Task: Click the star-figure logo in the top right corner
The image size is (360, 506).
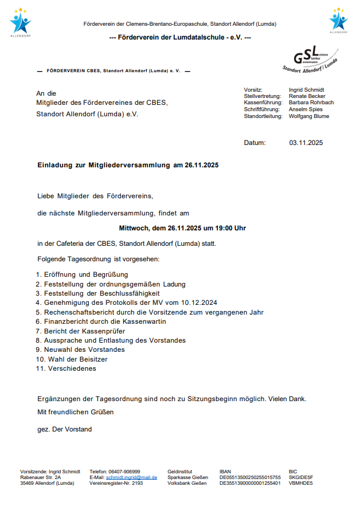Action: (338, 22)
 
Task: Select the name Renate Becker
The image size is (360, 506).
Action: (307, 96)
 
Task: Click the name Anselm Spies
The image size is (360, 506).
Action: (306, 109)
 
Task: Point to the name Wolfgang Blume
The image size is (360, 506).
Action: (309, 116)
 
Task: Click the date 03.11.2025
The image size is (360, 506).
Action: (306, 143)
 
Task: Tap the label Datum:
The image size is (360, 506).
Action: (255, 143)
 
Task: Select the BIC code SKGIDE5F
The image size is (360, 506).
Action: (301, 477)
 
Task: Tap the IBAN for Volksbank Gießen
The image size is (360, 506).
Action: (250, 483)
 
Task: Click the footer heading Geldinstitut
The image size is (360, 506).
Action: (179, 471)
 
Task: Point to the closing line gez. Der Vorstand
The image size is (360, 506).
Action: (64, 429)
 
